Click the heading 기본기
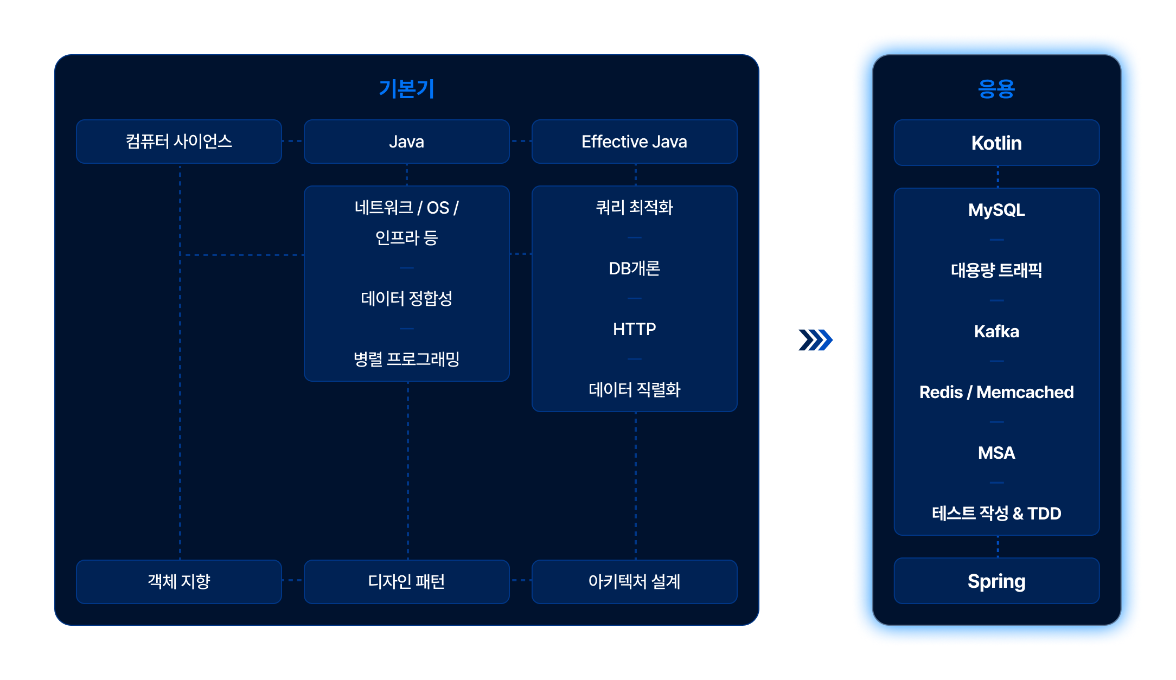[406, 89]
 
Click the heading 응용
[996, 89]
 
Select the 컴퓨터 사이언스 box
[179, 142]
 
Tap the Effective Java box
[634, 142]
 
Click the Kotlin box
[996, 143]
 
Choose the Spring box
[996, 581]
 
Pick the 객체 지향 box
[179, 581]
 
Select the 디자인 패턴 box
[406, 581]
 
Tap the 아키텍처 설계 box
[634, 581]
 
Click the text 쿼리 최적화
[634, 207]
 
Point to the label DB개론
[634, 268]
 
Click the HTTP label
[634, 329]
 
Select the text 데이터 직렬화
[634, 389]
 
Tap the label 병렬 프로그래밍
[406, 359]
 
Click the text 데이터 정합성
[406, 298]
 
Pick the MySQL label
[996, 210]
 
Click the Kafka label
[996, 331]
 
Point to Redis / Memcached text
[996, 392]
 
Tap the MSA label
[996, 453]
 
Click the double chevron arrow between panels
[813, 346]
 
